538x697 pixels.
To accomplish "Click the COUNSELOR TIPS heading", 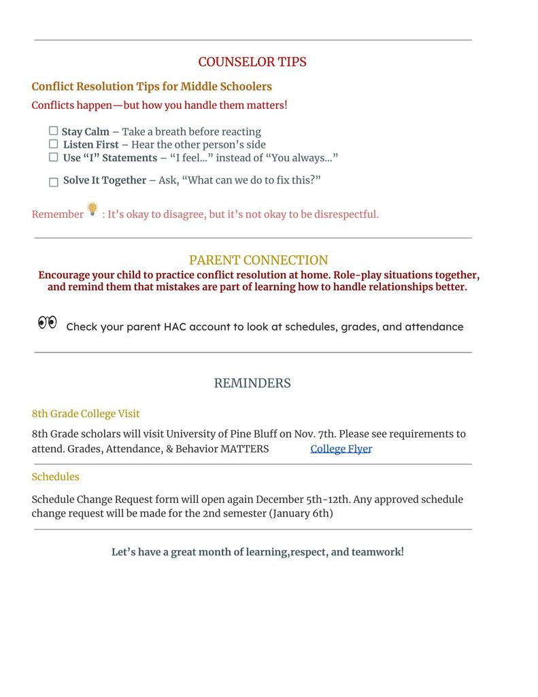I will pos(252,62).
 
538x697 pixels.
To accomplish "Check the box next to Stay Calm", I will pos(53,131).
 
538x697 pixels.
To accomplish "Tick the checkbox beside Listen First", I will pos(53,144).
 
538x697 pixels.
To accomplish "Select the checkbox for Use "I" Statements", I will pos(53,157).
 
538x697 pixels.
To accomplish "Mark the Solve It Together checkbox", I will pos(54,182).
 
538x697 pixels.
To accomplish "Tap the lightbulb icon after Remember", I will pos(93,209).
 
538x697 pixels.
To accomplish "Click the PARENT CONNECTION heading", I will pos(258,260).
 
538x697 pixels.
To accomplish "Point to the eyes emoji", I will pos(47,323).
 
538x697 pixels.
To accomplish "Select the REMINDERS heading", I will pos(252,383).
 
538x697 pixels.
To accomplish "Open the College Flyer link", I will pos(341,449).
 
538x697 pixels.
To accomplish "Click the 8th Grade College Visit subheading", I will pos(86,413).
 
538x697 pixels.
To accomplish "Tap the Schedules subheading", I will pos(55,476).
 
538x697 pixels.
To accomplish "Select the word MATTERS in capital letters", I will pos(244,449).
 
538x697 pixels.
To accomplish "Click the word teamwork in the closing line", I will pos(377,551).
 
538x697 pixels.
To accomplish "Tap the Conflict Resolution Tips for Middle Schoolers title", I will pos(152,86).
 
